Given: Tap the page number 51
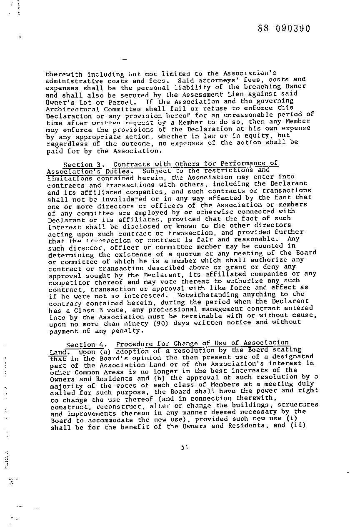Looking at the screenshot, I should point(185,447).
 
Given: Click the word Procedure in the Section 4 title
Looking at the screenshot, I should point(133,344).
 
